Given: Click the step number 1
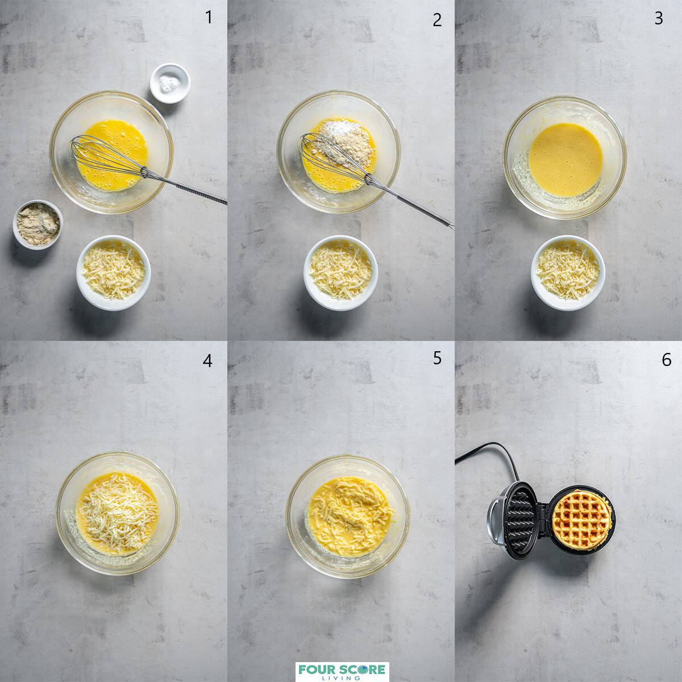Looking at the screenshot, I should tap(209, 18).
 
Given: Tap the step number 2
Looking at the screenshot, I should tap(436, 20).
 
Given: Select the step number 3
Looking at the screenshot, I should tap(658, 18).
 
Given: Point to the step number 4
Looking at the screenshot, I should tap(208, 360).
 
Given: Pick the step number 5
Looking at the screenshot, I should tap(436, 358).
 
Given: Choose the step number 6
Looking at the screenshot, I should tap(666, 360).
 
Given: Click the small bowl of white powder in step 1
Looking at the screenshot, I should tap(169, 83).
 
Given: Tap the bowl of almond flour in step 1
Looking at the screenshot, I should tap(38, 223).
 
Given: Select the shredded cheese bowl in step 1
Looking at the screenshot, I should tap(113, 272).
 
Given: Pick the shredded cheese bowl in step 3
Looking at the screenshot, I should tap(568, 273).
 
